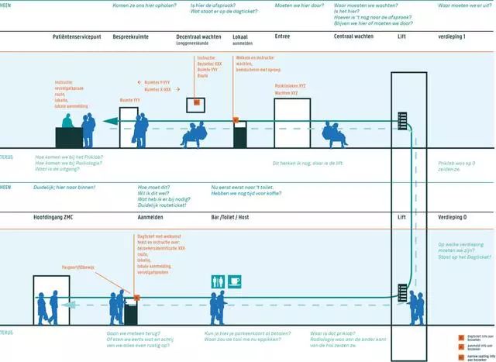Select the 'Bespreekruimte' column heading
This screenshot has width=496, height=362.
pos(131,36)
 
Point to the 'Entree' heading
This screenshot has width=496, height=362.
pos(283,36)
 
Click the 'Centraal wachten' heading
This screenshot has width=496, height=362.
pos(354,36)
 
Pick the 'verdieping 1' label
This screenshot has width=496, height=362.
pos(453,36)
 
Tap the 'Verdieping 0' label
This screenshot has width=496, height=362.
pos(454,217)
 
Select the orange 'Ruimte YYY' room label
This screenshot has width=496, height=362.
pos(129,100)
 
